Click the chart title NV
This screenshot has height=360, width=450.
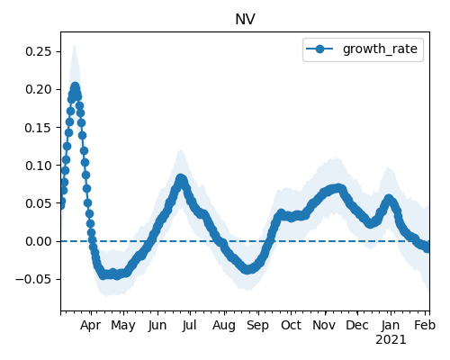coord(245,20)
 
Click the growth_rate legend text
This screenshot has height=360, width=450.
coord(380,49)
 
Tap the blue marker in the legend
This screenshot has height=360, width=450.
coord(319,49)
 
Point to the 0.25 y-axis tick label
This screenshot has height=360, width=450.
coord(39,51)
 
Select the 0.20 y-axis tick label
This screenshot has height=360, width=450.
coord(39,89)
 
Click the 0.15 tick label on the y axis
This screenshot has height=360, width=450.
coord(39,128)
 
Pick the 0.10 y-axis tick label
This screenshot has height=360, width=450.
coord(39,166)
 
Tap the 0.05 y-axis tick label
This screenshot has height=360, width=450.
coord(39,203)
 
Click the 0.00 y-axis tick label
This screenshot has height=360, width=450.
coord(39,241)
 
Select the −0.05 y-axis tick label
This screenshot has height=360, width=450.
coord(34,279)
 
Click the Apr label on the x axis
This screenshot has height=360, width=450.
coord(91,326)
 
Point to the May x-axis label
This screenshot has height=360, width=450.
coord(123,326)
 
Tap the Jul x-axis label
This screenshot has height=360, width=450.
coord(189,325)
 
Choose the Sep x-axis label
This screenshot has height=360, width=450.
coord(257,326)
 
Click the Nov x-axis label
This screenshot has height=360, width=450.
coord(324,325)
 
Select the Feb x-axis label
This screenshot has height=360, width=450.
coord(425,325)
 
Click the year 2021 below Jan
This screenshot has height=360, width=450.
coord(391,340)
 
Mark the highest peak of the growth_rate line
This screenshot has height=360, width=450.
coord(75,86)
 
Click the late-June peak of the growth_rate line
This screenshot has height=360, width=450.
coord(181,179)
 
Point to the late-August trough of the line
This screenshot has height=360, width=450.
coord(247,269)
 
